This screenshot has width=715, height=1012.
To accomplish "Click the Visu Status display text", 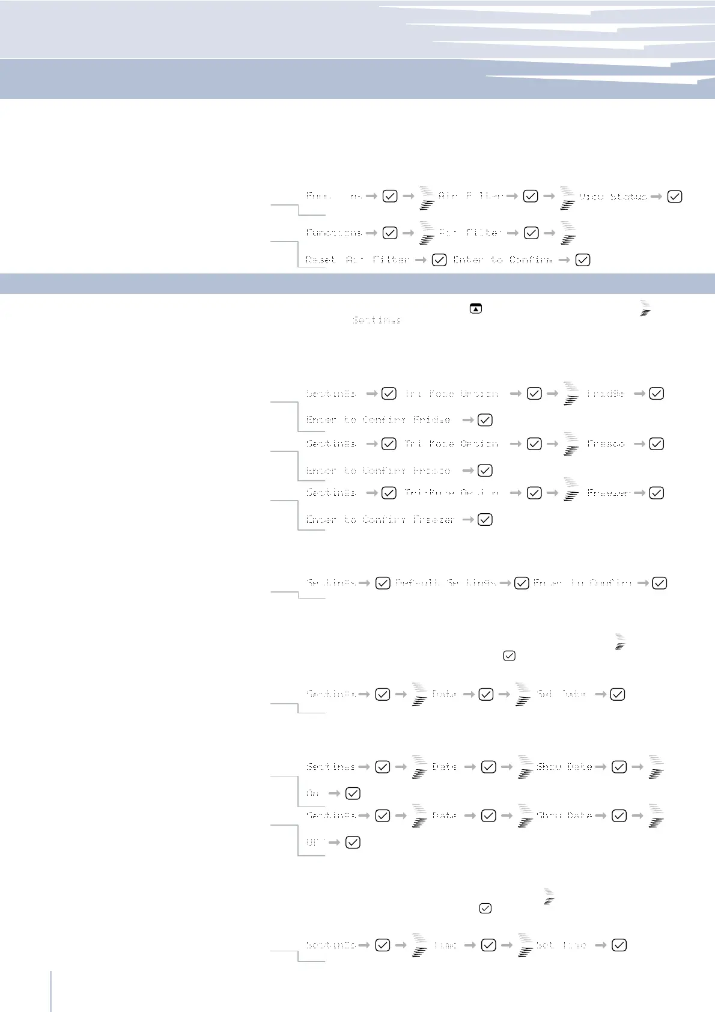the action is pyautogui.click(x=613, y=197).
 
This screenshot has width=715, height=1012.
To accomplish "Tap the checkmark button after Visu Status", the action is pyautogui.click(x=675, y=197).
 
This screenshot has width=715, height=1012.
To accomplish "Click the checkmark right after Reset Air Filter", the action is pyautogui.click(x=439, y=260).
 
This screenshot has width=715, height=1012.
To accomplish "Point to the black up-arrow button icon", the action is pyautogui.click(x=476, y=309).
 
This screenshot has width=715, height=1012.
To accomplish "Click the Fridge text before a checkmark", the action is pyautogui.click(x=606, y=394).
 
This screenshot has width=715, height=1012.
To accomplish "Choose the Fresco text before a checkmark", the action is pyautogui.click(x=606, y=444).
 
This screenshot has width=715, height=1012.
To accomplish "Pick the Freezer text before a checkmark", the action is pyautogui.click(x=609, y=493).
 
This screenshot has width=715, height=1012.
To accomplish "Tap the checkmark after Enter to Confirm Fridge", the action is pyautogui.click(x=485, y=420).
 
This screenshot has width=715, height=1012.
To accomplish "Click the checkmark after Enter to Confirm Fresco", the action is pyautogui.click(x=485, y=471).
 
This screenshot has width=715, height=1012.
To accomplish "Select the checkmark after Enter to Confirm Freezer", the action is pyautogui.click(x=485, y=519).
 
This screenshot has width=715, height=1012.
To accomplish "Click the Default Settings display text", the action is pyautogui.click(x=446, y=583).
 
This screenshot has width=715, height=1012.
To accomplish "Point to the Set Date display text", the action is pyautogui.click(x=561, y=694).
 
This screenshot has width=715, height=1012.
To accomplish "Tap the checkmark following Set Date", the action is pyautogui.click(x=617, y=694).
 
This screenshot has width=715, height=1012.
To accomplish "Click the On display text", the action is pyautogui.click(x=312, y=793).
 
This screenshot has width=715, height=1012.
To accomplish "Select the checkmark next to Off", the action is pyautogui.click(x=353, y=842).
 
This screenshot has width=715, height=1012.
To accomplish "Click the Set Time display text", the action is pyautogui.click(x=561, y=945).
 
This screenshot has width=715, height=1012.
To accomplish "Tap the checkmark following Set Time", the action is pyautogui.click(x=619, y=945).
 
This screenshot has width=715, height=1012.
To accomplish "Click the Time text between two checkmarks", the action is pyautogui.click(x=445, y=945).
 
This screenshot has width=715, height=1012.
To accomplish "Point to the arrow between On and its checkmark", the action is pyautogui.click(x=334, y=793).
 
